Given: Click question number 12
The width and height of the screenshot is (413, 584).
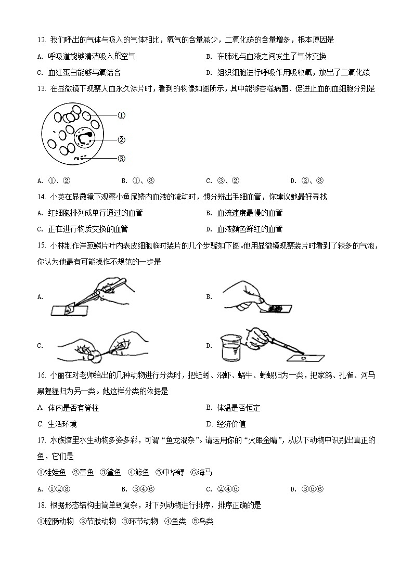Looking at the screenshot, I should [x=42, y=40].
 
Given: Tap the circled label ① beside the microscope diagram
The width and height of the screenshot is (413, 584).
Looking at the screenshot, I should [x=121, y=115].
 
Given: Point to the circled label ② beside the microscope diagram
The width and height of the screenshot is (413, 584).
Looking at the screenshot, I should [x=121, y=139].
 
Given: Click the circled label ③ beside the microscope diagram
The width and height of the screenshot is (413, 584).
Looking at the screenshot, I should [x=121, y=159].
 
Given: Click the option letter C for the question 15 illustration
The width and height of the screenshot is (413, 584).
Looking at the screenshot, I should [x=40, y=345].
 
